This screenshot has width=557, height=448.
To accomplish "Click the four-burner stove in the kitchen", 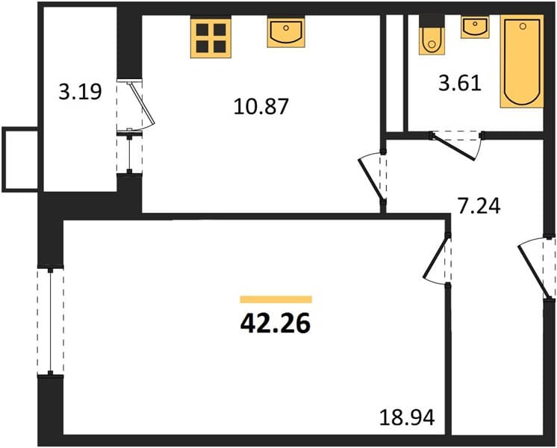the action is [211, 38].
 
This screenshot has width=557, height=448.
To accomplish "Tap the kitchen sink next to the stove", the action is [286, 32].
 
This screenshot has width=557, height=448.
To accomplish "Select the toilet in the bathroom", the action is [432, 35].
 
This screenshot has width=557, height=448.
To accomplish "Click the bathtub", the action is [522, 61].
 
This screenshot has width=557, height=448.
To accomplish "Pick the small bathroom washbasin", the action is [475, 27].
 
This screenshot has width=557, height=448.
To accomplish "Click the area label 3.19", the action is [81, 92].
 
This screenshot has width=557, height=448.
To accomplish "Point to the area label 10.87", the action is [261, 107].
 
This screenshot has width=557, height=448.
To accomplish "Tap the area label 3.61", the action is [460, 84].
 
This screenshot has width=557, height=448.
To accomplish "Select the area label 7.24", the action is [479, 206].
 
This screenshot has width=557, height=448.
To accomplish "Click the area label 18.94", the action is [407, 417].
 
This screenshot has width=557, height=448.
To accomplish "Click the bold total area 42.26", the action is [276, 324].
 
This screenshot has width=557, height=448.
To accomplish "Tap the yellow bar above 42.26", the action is [276, 299].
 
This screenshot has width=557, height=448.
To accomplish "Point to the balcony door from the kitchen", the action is [136, 105].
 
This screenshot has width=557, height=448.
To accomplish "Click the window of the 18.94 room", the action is [51, 321].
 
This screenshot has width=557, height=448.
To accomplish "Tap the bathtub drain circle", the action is [522, 26].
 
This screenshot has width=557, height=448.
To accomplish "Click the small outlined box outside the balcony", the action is [20, 160].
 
